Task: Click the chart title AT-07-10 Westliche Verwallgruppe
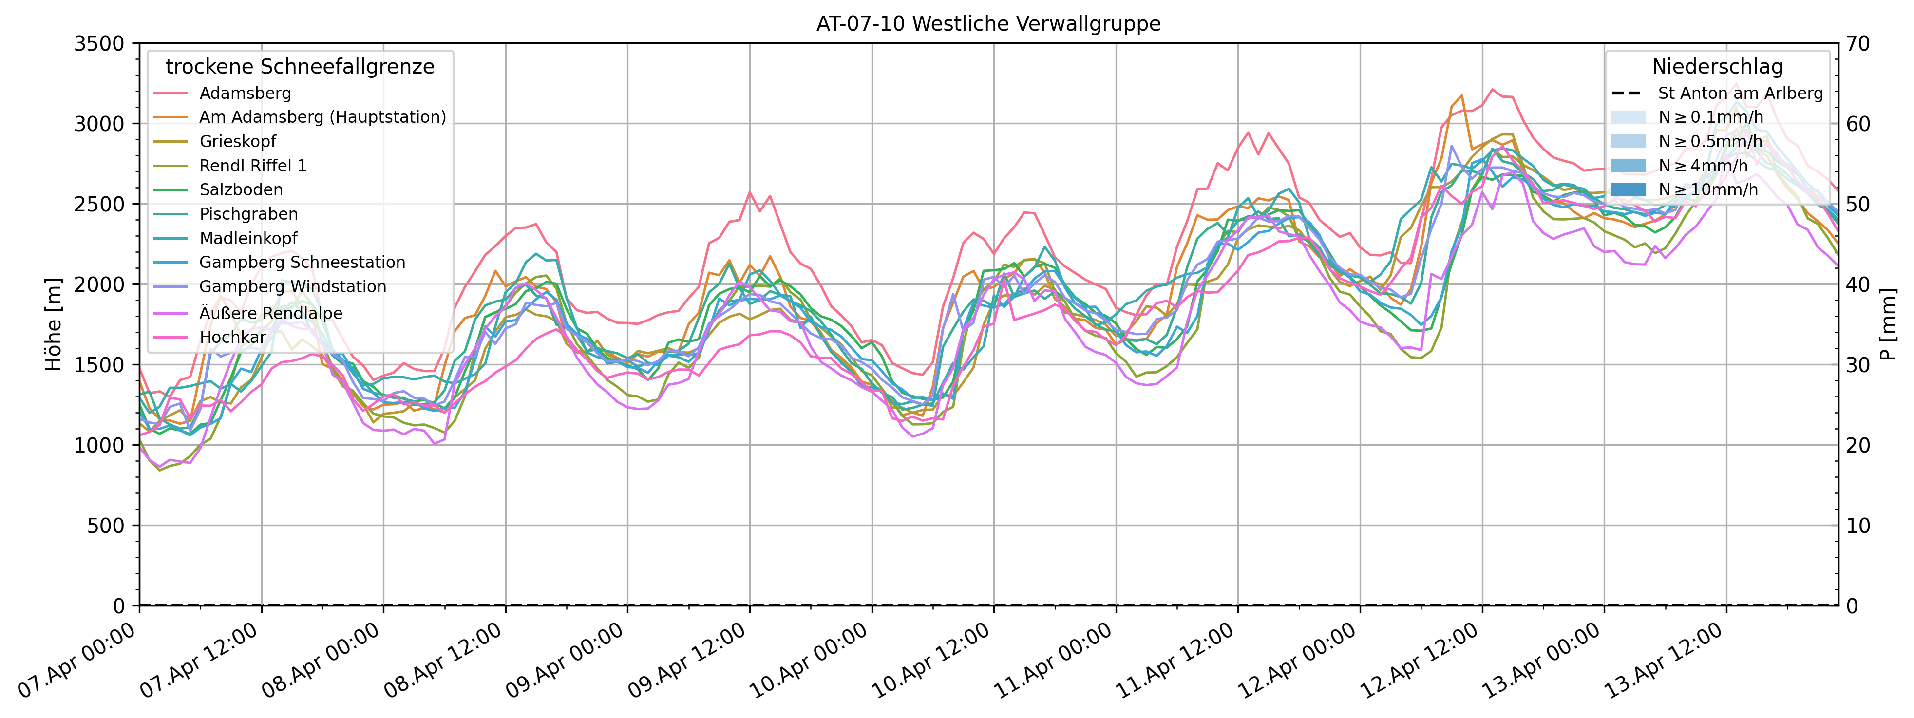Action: click(988, 24)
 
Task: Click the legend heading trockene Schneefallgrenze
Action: click(300, 67)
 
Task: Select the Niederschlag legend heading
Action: click(1717, 67)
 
